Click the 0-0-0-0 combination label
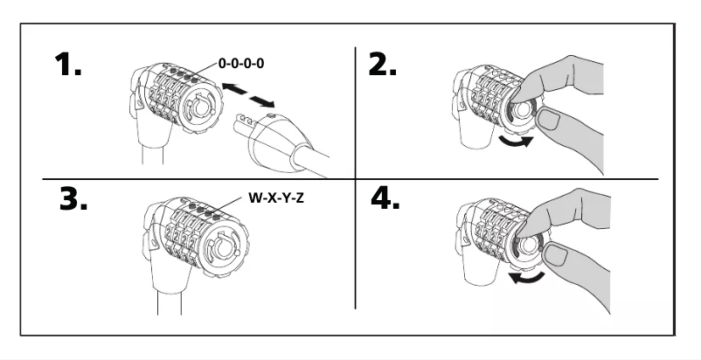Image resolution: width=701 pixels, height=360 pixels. pyautogui.click(x=242, y=66)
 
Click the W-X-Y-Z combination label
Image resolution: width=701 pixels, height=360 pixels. pyautogui.click(x=275, y=198)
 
